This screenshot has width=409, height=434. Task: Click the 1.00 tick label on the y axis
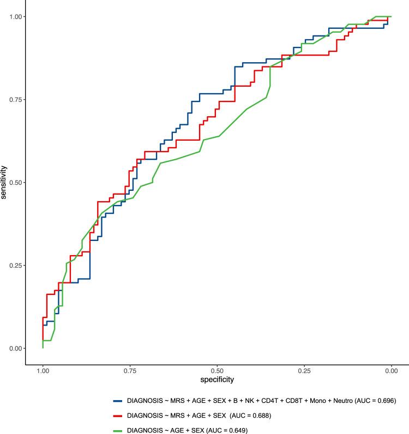pyautogui.click(x=15, y=17)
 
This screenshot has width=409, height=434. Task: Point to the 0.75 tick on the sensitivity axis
pyautogui.click(x=15, y=100)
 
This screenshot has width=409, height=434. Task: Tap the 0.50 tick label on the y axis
pyautogui.click(x=15, y=183)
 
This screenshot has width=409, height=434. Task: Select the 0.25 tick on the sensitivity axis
pyautogui.click(x=15, y=266)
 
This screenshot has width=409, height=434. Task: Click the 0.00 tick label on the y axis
pyautogui.click(x=15, y=348)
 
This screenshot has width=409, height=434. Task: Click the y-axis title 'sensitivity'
pyautogui.click(x=4, y=183)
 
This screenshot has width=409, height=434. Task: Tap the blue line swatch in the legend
pyautogui.click(x=117, y=401)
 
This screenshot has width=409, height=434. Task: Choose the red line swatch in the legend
pyautogui.click(x=117, y=415)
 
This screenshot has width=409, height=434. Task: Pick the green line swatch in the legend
pyautogui.click(x=117, y=430)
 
